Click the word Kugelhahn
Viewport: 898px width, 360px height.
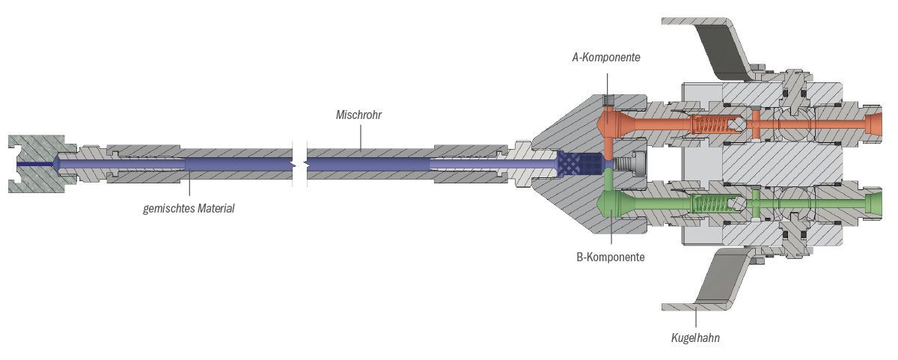point(695,338)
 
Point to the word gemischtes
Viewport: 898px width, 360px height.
point(168,208)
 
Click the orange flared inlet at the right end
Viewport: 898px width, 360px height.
point(874,123)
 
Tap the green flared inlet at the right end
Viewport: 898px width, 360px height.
point(874,203)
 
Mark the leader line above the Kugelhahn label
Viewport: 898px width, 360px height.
point(695,317)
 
